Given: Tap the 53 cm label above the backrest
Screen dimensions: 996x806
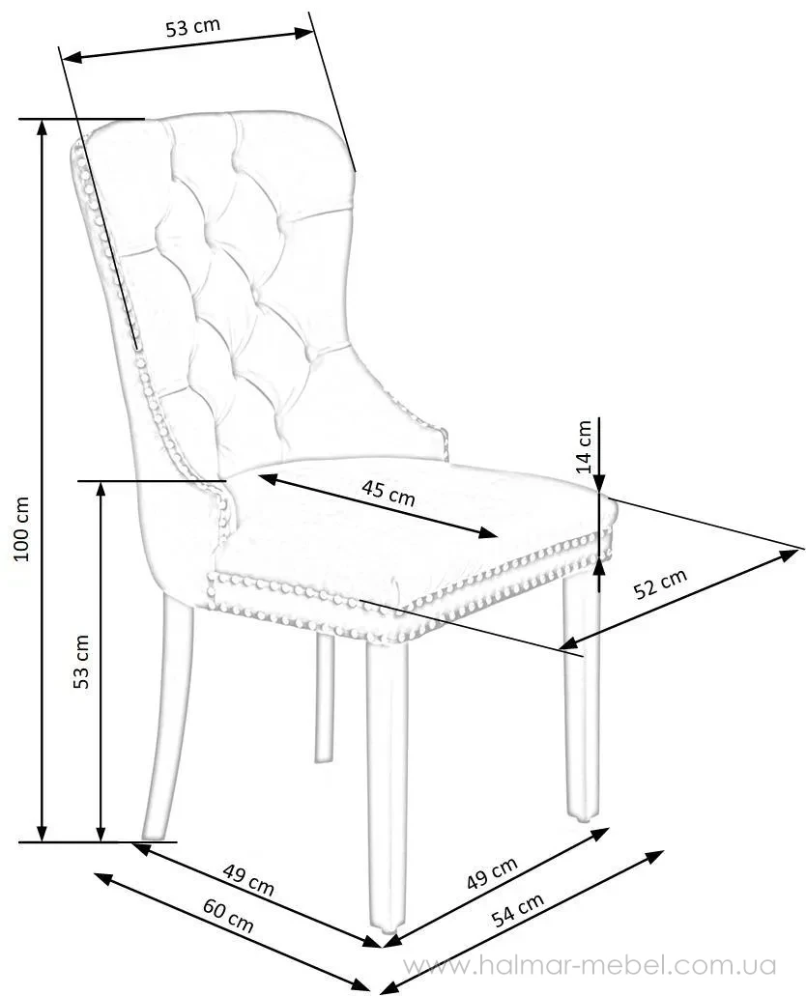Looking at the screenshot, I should (193, 27).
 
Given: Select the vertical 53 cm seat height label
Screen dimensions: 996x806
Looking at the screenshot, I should (82, 661).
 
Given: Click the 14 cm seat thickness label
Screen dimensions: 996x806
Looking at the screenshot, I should (584, 444).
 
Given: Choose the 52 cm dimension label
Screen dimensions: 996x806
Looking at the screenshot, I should (660, 584).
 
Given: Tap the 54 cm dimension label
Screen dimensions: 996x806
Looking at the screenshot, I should (516, 910).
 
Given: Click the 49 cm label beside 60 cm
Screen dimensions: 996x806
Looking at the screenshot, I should (248, 879).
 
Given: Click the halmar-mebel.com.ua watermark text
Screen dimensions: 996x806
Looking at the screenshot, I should (589, 965).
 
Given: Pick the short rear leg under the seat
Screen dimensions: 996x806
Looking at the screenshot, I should (325, 696).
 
